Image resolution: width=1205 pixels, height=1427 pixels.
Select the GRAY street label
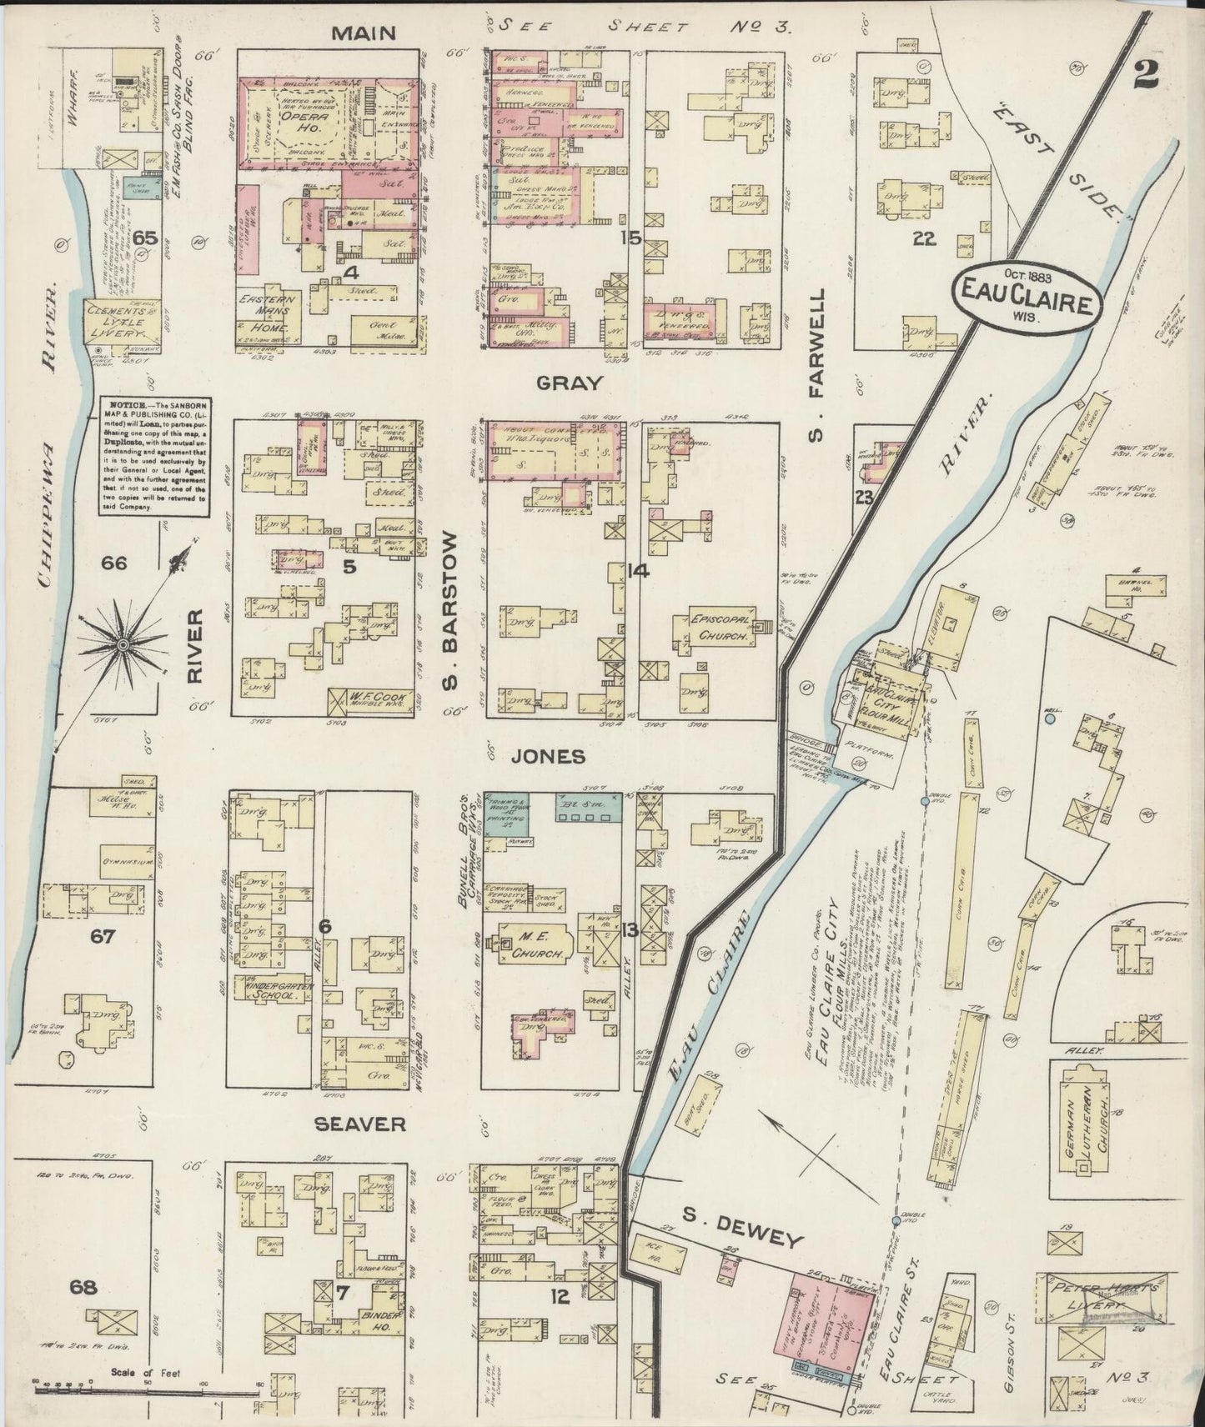tap(569, 383)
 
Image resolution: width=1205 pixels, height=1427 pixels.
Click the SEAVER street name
tap(360, 1124)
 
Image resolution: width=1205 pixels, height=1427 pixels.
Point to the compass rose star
tap(122, 643)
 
